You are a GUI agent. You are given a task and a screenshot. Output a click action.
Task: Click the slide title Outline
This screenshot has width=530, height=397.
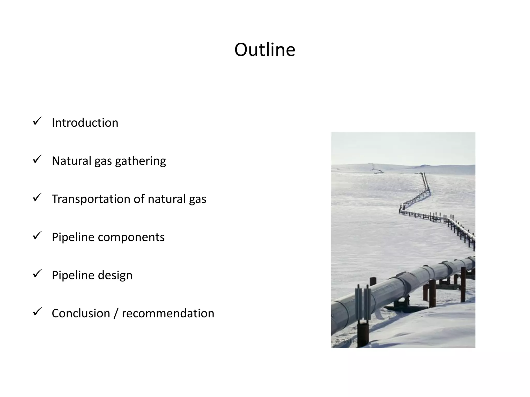tap(265, 50)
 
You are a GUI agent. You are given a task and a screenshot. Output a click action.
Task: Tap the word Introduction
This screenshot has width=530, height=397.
tap(85, 123)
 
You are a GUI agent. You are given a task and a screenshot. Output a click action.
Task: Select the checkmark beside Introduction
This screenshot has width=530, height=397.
tap(37, 121)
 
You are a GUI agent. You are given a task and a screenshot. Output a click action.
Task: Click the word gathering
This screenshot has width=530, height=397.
tap(140, 161)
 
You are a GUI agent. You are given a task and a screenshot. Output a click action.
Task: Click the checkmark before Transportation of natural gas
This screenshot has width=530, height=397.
tap(37, 197)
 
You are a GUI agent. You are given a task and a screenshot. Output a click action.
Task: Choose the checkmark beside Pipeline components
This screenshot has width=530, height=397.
tap(37, 235)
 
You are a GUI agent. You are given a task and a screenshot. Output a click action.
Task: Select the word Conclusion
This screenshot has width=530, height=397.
tap(81, 314)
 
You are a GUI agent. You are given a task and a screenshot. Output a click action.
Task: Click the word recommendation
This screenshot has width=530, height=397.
tap(168, 314)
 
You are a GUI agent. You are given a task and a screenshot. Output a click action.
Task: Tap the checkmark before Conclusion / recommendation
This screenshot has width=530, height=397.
tap(37, 312)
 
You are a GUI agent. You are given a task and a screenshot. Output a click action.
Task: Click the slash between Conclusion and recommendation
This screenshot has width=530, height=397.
tap(116, 314)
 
